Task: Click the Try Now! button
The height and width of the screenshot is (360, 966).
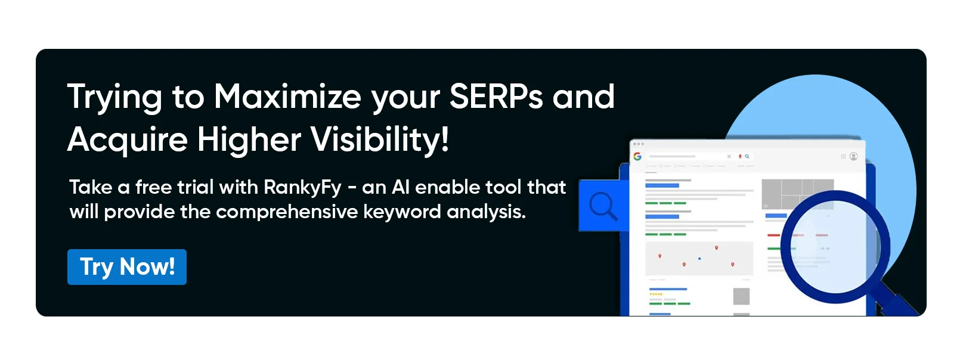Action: click(x=127, y=267)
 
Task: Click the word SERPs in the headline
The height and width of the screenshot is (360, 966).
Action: click(x=496, y=97)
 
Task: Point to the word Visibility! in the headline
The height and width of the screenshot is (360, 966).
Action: click(x=380, y=139)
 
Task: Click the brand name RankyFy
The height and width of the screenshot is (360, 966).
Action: click(x=302, y=188)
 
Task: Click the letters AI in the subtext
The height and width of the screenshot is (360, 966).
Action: click(x=400, y=187)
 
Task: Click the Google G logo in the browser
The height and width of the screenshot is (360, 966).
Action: click(x=637, y=156)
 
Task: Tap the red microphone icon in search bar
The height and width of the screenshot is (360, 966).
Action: click(x=740, y=156)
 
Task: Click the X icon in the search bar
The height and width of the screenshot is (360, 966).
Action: click(x=729, y=156)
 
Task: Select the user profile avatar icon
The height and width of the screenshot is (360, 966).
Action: click(x=853, y=156)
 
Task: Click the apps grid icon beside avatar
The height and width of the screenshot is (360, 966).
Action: click(x=843, y=156)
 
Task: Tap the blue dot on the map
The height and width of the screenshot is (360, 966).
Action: click(x=699, y=259)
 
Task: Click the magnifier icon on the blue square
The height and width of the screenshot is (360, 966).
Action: click(x=603, y=206)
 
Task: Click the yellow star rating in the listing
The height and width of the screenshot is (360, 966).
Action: click(x=655, y=294)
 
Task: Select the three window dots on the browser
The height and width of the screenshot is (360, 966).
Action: click(x=638, y=144)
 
